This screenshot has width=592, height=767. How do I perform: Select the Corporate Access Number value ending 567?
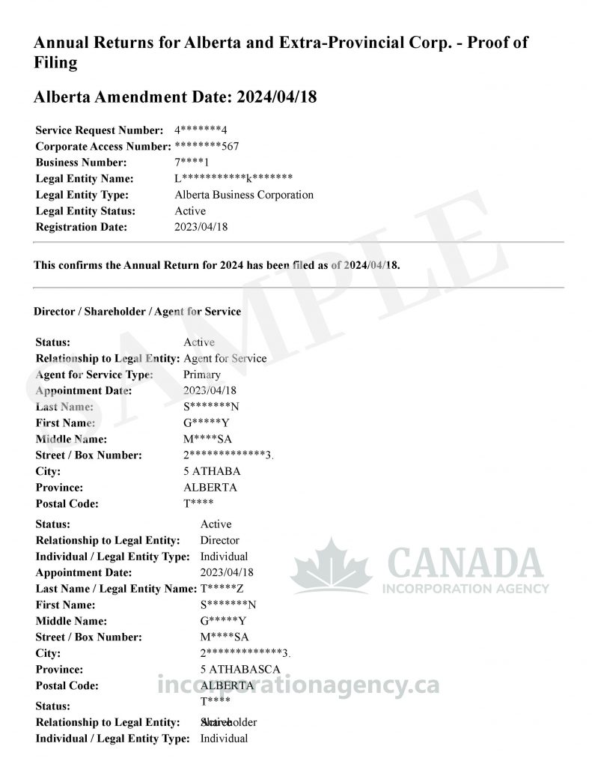(207, 146)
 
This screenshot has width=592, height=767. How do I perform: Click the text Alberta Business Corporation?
(244, 195)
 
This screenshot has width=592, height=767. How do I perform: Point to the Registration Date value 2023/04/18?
(201, 227)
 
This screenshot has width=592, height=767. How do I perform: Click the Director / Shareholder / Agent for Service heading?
(138, 311)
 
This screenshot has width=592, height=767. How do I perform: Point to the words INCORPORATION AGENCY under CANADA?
(466, 589)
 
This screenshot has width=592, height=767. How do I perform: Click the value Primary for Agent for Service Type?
(202, 375)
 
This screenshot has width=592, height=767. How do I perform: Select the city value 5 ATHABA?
(212, 471)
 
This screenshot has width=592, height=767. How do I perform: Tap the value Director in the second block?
(220, 540)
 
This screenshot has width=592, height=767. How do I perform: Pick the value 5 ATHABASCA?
(240, 669)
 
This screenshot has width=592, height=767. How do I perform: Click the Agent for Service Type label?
(94, 375)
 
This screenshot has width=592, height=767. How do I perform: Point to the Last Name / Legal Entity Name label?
(115, 589)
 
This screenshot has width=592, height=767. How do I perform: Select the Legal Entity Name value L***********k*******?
(233, 179)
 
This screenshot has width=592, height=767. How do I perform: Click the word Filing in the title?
(55, 63)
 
